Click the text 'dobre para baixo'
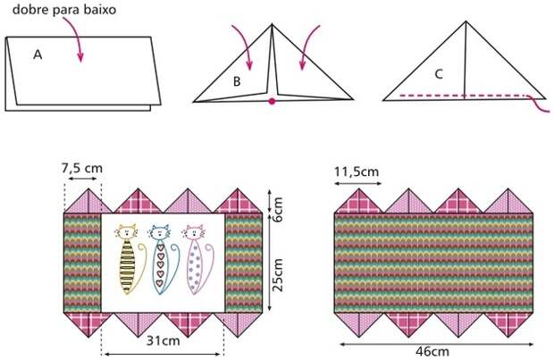(x=64, y=10)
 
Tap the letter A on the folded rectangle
(x=38, y=54)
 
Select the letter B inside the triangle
(x=237, y=81)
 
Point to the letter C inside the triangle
(x=439, y=74)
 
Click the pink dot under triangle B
(x=272, y=102)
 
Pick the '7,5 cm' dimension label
(x=82, y=168)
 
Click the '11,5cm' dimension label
(x=357, y=172)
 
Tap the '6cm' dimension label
(x=278, y=209)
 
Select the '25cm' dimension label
(x=278, y=275)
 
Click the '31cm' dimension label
(x=163, y=341)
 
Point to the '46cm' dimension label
(x=432, y=352)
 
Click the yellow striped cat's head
(x=127, y=231)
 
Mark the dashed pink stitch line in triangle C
(x=463, y=96)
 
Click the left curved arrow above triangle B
(x=244, y=46)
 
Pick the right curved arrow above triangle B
(x=308, y=46)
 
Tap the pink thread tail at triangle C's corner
(x=539, y=105)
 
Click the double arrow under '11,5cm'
(x=358, y=183)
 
